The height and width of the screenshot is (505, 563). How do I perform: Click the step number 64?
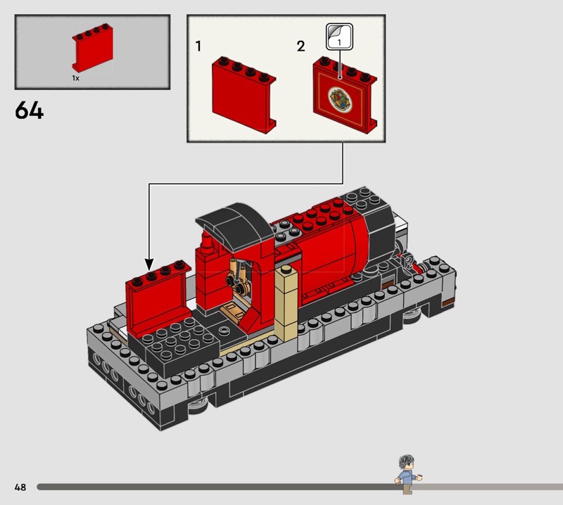point(29,110)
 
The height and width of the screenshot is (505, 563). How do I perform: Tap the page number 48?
point(20,487)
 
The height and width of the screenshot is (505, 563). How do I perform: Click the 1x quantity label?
point(75,78)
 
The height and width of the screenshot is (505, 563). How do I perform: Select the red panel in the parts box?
point(93,47)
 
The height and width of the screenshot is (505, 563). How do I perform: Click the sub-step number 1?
point(198,46)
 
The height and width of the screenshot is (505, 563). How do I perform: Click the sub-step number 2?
point(301,46)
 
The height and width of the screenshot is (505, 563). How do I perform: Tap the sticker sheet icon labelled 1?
point(339,37)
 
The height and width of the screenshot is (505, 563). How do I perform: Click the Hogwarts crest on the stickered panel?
point(341,98)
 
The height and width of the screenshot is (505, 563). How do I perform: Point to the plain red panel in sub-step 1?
point(243,95)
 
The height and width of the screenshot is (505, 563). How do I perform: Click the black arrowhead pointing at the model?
point(148,264)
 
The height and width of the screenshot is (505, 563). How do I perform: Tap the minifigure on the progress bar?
point(408,475)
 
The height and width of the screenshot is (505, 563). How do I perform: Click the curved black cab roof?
point(235,225)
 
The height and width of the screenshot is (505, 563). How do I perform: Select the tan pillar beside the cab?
point(286,303)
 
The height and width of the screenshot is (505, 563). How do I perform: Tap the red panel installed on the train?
point(158,298)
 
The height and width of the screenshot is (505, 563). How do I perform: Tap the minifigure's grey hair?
point(406,461)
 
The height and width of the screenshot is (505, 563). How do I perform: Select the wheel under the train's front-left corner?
point(198,406)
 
